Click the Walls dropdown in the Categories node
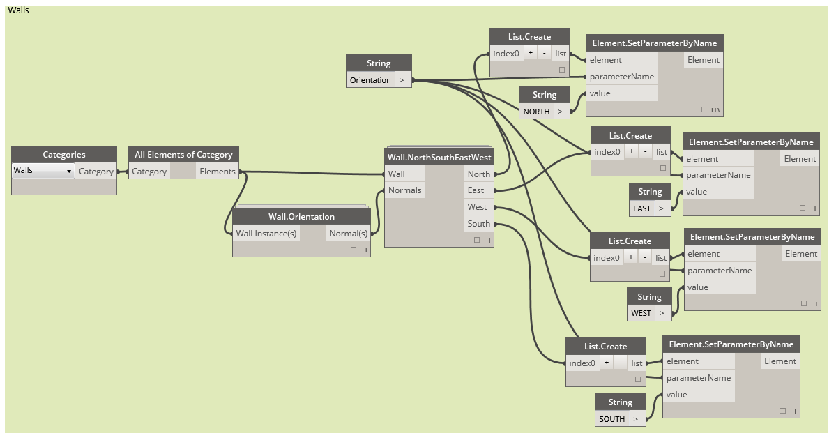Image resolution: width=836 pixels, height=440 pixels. coord(43,171)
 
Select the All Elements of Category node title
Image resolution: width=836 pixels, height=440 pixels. coord(183,155)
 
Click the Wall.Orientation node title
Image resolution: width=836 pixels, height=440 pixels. coord(301,217)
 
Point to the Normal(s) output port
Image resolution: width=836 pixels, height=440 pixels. coord(348,233)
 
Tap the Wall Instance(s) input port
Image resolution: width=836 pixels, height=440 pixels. coord(266,233)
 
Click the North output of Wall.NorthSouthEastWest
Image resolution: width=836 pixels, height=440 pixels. coord(478,174)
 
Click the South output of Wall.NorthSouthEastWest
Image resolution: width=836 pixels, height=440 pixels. coord(478,223)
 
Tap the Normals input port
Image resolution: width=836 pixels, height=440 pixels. coord(404,190)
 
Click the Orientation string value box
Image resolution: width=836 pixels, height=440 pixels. coord(370,80)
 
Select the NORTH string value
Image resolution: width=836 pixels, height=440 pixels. coord(536,112)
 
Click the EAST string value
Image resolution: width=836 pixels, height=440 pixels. coord(642,208)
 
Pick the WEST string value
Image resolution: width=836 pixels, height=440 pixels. coord(641,313)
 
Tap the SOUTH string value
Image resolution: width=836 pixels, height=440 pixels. coord(612,418)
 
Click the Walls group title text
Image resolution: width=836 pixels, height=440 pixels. coord(19,10)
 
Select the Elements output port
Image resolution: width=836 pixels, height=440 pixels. coord(218,172)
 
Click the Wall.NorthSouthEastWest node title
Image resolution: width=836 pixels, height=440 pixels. coord(439,158)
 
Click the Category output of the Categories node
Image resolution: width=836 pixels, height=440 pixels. coord(96,172)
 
